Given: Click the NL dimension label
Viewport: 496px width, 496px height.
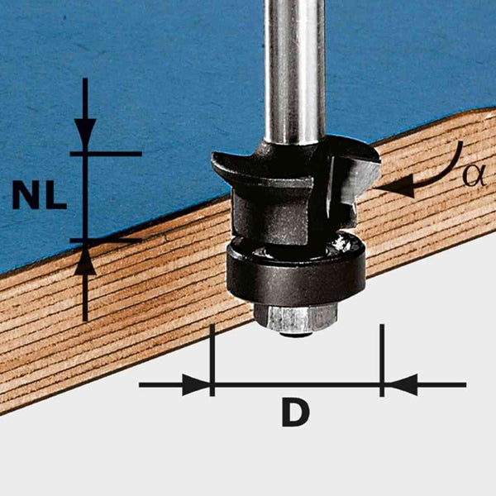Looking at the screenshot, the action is click(x=39, y=195).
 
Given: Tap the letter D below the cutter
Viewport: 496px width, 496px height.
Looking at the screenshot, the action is click(x=295, y=413).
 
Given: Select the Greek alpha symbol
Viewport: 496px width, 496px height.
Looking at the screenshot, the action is click(x=474, y=176).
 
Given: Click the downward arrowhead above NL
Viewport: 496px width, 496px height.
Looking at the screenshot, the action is click(x=85, y=133).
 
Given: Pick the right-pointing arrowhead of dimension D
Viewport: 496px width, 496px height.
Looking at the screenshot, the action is click(x=196, y=385).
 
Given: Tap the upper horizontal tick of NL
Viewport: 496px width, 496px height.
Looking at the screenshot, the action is click(x=106, y=154).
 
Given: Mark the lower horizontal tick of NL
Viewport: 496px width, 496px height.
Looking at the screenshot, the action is click(x=106, y=241).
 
